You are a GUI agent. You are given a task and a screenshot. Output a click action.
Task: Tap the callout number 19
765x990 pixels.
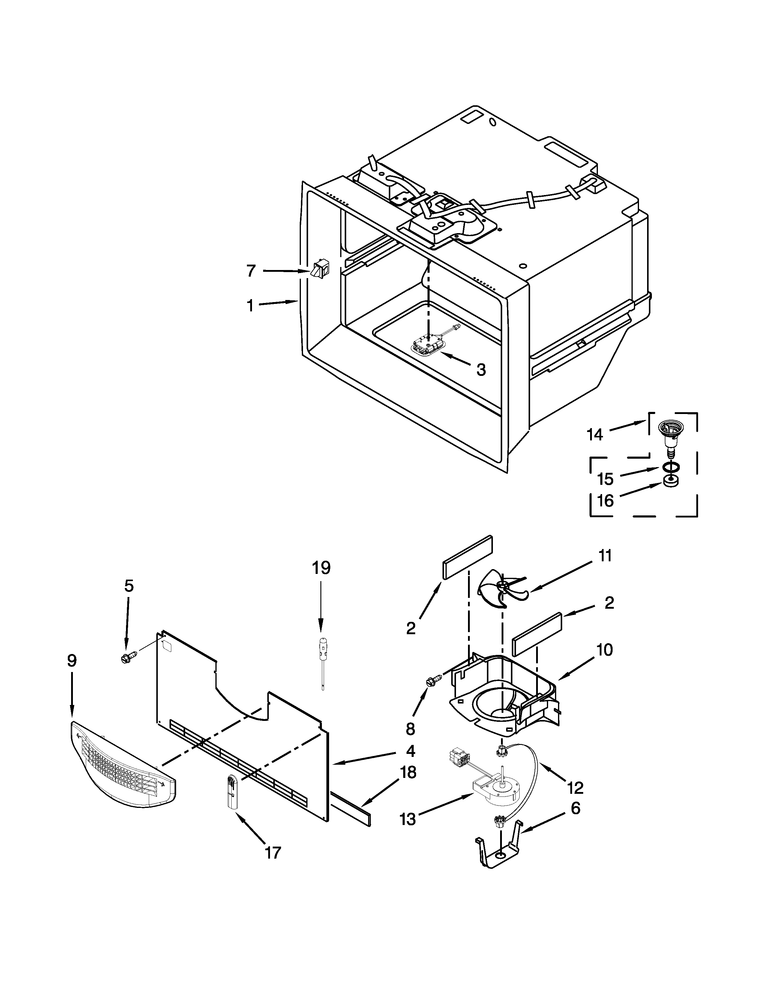(x=321, y=568)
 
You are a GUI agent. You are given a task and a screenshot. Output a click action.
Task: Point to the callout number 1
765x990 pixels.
(x=250, y=306)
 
